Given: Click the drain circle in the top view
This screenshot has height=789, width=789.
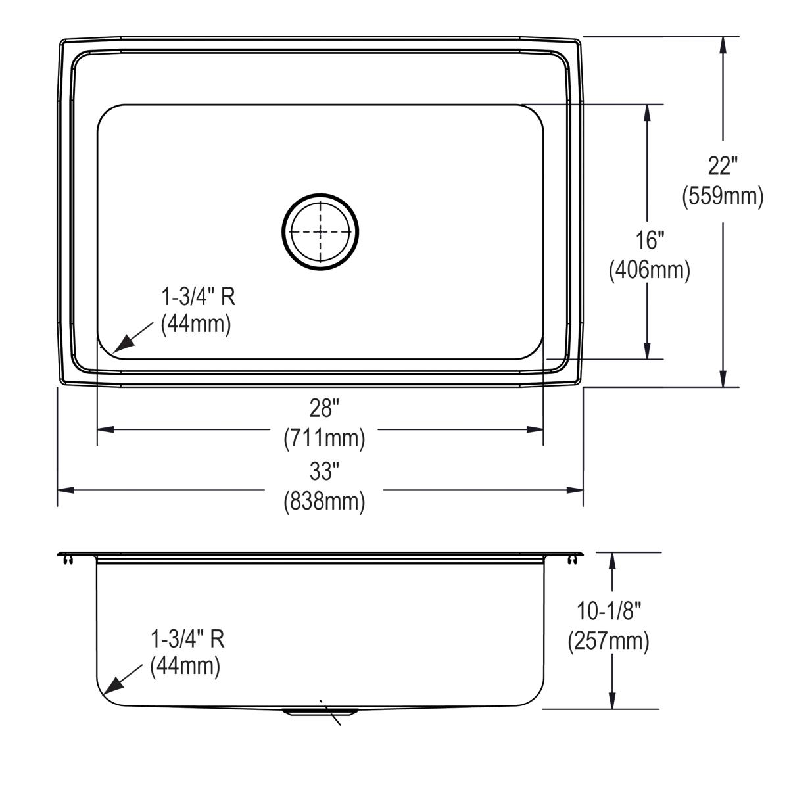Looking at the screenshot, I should click(321, 231).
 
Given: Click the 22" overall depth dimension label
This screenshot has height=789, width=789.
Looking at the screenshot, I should click(723, 166).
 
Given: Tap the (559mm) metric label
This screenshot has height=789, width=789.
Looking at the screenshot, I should click(723, 196).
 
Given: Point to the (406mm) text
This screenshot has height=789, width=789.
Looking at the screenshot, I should click(649, 270).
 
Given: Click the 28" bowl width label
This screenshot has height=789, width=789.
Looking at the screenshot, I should click(323, 409).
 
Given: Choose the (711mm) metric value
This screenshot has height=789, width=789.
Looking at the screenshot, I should click(324, 438).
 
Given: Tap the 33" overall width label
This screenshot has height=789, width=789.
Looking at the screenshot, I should click(323, 471).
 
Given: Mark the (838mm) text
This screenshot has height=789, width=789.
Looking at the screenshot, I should click(324, 501).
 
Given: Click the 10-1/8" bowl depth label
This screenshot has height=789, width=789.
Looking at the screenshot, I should click(609, 611).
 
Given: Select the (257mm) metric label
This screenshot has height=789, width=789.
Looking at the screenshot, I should click(609, 641).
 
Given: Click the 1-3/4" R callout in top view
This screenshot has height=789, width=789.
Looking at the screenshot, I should click(198, 297).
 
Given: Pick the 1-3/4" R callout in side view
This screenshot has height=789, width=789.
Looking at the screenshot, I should click(188, 638).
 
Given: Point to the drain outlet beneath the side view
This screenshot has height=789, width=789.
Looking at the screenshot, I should click(320, 711).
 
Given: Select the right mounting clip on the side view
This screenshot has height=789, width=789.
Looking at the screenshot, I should click(575, 559).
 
